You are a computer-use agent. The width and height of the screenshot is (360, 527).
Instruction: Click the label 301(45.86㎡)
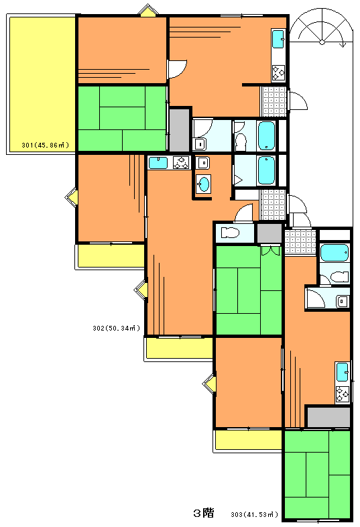coord(46,145)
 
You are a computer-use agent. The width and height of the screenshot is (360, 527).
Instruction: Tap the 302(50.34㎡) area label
coord(116,328)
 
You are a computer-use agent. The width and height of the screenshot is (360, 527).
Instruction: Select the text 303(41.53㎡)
coord(255,514)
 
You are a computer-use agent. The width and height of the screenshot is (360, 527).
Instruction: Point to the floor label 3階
coord(204,513)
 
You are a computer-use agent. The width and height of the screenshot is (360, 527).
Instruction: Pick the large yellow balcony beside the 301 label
coord(42,84)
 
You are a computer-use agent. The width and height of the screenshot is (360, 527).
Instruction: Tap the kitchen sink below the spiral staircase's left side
coord(278,39)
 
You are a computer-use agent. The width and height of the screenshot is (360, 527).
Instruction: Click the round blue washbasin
coord(204,184)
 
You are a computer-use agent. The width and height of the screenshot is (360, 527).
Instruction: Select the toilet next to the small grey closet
coord(230,232)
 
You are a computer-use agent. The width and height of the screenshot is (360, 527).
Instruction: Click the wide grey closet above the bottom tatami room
coord(329,417)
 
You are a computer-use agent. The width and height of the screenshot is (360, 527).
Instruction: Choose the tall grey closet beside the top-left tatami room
coord(179,129)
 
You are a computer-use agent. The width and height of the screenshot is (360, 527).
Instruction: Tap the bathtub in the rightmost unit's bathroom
coord(335,253)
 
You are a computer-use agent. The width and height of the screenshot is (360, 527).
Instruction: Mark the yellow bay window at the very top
coord(148,11)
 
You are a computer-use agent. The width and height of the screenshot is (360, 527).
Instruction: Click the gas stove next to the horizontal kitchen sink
coord(181,163)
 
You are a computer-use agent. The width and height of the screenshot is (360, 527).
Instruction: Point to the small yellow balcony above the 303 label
coord(249,440)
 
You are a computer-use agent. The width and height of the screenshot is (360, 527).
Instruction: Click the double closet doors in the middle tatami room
coord(271,251)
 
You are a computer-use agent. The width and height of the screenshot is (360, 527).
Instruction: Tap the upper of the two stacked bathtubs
coord(267,136)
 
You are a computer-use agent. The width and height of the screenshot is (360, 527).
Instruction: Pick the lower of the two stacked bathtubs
coord(267,170)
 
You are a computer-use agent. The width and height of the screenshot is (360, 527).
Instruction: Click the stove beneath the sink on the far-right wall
coord(343,394)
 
